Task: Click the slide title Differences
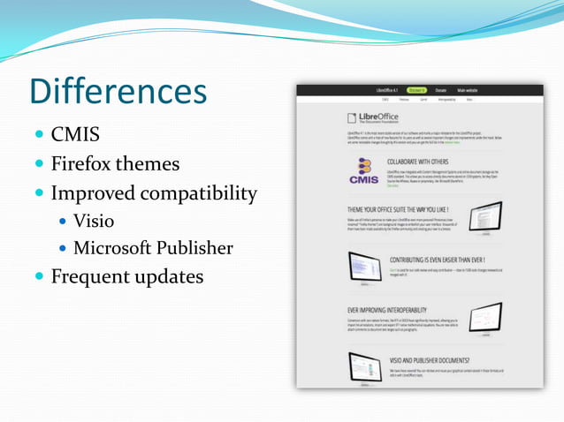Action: [x=118, y=91]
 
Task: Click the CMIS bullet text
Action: [x=75, y=135]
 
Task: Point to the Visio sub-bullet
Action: [x=94, y=221]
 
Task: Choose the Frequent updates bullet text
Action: [x=126, y=276]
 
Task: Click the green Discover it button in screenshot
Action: [x=416, y=90]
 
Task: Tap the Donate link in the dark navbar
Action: [x=441, y=90]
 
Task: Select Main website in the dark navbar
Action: [x=468, y=90]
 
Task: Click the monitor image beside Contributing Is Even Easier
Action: [x=364, y=267]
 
